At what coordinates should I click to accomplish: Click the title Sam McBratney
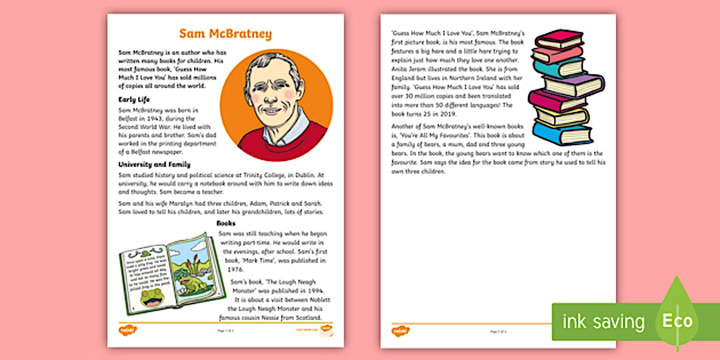[225, 34]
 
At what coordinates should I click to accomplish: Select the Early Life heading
[134, 99]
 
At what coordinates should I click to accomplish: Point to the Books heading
[226, 223]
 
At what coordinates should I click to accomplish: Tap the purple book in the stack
[571, 86]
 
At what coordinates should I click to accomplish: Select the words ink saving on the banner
[604, 322]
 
